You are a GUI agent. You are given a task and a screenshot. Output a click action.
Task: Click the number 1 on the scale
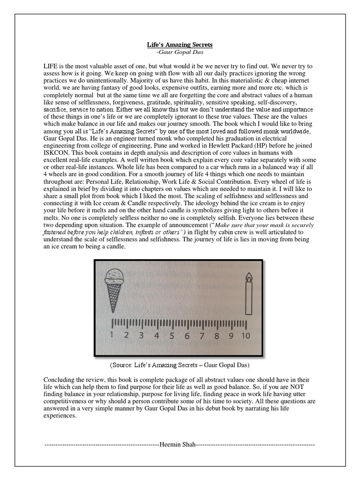(x=112, y=335)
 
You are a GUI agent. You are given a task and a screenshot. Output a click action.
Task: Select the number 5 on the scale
(x=172, y=335)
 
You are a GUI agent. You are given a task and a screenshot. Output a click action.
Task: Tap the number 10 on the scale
(x=246, y=335)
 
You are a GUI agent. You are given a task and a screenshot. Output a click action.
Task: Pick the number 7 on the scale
(x=202, y=335)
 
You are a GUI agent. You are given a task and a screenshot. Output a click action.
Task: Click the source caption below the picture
(x=180, y=364)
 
